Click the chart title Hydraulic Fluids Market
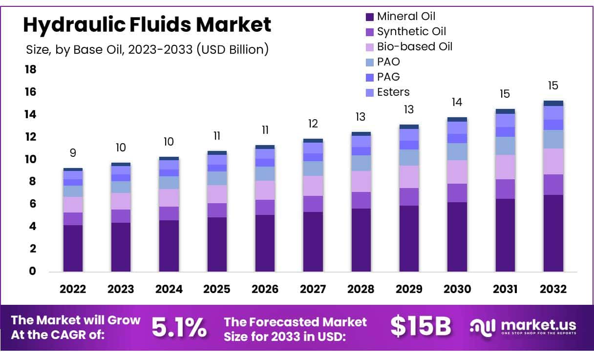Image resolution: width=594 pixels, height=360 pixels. (147, 24)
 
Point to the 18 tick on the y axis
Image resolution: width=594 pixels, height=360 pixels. (30, 70)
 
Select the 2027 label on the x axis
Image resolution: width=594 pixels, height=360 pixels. (313, 289)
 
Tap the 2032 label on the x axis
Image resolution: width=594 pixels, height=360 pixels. (553, 289)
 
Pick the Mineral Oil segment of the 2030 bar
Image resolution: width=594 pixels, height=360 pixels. (457, 237)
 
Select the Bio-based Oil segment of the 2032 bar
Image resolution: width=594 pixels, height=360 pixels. (553, 162)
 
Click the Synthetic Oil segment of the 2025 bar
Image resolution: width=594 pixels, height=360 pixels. (217, 211)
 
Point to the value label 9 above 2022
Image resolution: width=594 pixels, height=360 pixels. (73, 153)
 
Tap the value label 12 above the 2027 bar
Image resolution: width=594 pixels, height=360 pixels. (313, 124)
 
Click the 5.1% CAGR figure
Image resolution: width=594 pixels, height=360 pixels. (179, 327)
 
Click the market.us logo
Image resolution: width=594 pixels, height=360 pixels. (523, 327)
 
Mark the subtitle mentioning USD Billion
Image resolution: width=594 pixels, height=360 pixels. (147, 49)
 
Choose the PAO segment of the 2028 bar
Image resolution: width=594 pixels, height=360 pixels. (361, 163)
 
